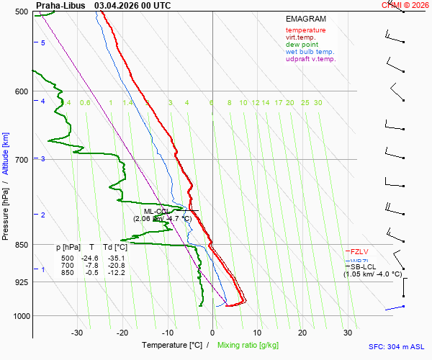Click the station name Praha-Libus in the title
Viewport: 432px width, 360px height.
click(x=60, y=5)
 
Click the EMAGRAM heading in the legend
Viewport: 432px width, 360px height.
click(x=306, y=19)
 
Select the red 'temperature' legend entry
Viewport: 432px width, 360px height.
click(x=305, y=30)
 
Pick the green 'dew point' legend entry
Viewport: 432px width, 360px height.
click(x=301, y=45)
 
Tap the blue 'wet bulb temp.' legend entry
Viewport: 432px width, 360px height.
click(x=310, y=52)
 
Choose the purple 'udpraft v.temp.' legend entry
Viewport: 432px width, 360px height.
click(x=310, y=59)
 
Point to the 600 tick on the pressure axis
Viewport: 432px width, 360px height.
click(x=20, y=91)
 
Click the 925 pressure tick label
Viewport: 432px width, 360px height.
click(x=20, y=282)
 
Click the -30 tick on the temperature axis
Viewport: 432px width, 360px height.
click(x=77, y=333)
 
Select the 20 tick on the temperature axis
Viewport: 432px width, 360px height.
click(x=302, y=333)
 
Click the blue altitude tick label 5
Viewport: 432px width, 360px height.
click(x=43, y=43)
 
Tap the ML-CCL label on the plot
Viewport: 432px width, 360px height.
click(x=157, y=211)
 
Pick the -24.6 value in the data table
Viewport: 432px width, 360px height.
click(x=89, y=258)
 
